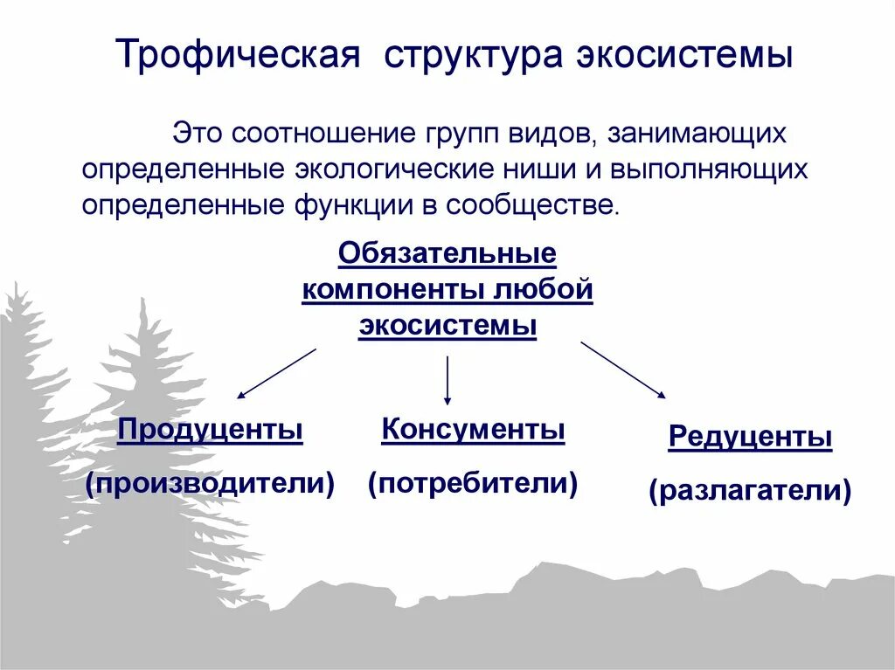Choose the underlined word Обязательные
tap(447, 254)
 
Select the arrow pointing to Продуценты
tap(276, 373)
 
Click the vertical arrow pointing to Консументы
tap(447, 379)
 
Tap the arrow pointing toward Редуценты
tap(623, 370)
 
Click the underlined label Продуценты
tap(211, 430)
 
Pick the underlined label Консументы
tap(473, 430)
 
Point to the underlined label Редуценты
tap(750, 437)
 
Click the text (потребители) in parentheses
tap(473, 482)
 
